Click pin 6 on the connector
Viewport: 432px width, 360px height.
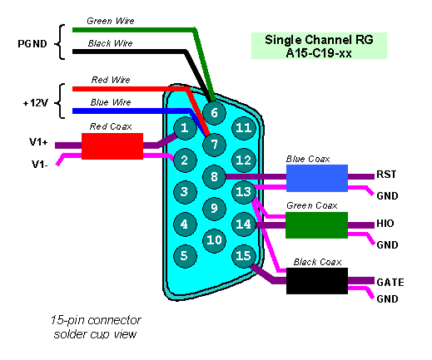(214, 113)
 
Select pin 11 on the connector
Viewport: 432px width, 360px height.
(243, 128)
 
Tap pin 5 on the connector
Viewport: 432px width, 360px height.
(185, 256)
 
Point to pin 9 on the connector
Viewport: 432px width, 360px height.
(214, 208)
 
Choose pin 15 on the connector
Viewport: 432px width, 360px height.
(243, 256)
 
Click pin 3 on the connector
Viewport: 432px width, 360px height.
(185, 192)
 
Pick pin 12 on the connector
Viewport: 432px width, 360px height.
(243, 160)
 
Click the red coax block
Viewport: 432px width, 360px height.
(112, 146)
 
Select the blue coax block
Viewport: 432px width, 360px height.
(317, 178)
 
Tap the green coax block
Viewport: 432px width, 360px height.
(316, 225)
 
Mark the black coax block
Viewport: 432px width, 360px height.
(317, 281)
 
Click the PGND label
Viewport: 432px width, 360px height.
(32, 44)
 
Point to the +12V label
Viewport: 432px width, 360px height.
(36, 103)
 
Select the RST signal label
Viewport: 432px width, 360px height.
(386, 175)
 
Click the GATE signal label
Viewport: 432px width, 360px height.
(390, 283)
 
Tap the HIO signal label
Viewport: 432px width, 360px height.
(385, 224)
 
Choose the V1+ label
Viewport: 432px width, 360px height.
(38, 142)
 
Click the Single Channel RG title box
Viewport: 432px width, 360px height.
(319, 46)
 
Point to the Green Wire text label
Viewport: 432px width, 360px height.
(111, 21)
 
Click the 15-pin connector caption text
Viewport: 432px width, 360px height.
(96, 327)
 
